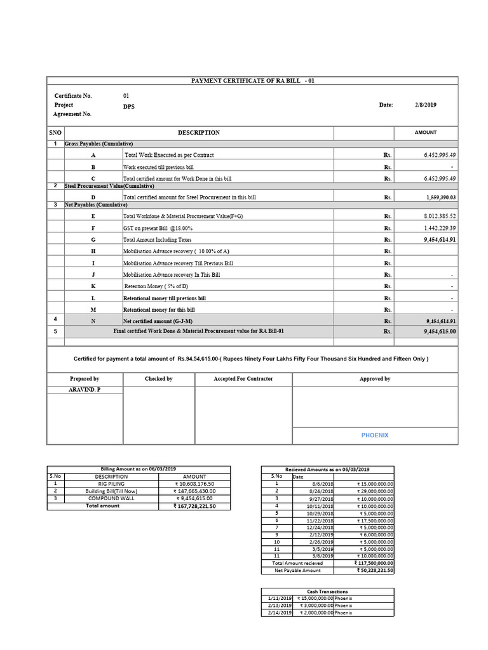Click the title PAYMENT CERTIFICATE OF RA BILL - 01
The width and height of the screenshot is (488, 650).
(253, 81)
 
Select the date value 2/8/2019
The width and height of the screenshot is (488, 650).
(426, 105)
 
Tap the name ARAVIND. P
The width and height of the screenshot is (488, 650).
(85, 388)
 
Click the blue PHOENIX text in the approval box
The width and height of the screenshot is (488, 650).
(374, 435)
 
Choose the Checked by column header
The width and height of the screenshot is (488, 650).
(158, 379)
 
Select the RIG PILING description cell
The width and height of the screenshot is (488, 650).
(111, 484)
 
